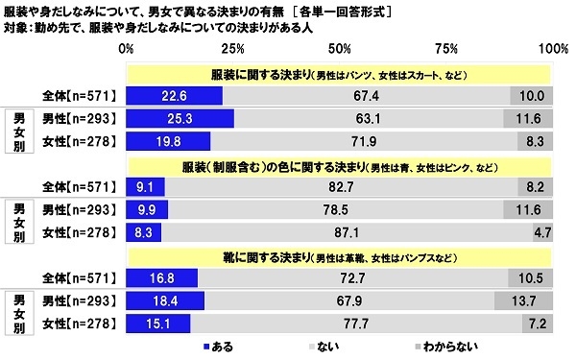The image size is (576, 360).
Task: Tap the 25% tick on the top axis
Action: tap(230, 48)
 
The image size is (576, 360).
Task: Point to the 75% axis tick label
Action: tap(443, 48)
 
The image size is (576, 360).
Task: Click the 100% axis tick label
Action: tap(550, 48)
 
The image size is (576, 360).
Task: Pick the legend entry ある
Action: tap(217, 345)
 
